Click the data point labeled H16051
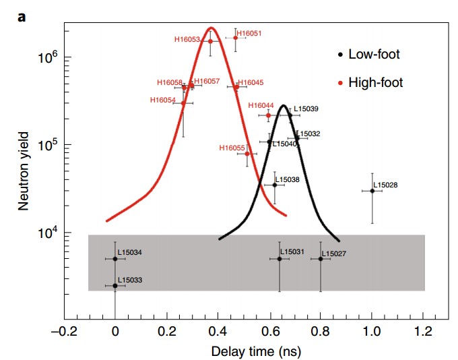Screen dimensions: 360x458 [x=235, y=38]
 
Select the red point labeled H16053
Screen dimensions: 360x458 [x=210, y=41]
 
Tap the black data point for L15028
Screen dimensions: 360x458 [x=372, y=191]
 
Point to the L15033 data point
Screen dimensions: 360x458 [x=115, y=286]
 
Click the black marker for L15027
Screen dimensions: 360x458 [x=321, y=259]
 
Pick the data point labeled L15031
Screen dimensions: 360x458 [x=280, y=259]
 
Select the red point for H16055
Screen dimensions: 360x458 [x=247, y=154]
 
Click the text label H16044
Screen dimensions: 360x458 [x=261, y=106]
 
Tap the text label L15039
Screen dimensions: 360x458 [x=306, y=109]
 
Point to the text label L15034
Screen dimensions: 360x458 [x=130, y=252]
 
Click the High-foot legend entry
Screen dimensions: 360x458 [x=374, y=83]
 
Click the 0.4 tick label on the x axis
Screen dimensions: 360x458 [x=218, y=332]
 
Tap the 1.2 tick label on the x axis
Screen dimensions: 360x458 [x=423, y=332]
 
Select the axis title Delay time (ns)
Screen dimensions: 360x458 [x=250, y=351]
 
